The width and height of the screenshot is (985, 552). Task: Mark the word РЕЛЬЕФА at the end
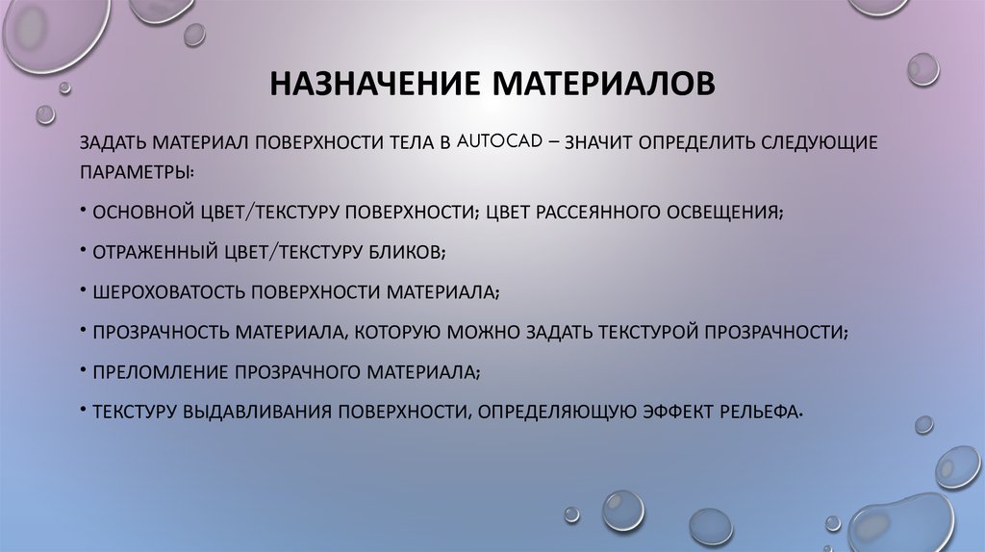coord(762,412)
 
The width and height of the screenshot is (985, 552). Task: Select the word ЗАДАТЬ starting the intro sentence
coord(112,142)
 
